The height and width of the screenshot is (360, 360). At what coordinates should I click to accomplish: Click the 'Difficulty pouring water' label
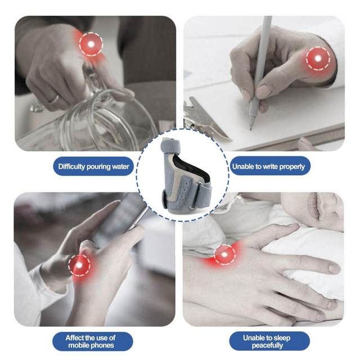(93, 166)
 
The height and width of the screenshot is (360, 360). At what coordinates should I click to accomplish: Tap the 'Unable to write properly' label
(268, 166)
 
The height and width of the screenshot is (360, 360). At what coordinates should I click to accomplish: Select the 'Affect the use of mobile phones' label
(91, 341)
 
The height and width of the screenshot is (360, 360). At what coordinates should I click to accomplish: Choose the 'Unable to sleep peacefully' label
(267, 341)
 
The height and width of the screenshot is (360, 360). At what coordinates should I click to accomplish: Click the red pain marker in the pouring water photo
(91, 44)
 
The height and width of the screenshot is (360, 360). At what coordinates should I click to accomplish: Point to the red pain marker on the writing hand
(318, 58)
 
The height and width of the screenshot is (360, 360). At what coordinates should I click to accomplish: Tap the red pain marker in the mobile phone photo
(79, 265)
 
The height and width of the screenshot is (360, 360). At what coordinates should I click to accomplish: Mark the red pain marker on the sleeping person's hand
(224, 255)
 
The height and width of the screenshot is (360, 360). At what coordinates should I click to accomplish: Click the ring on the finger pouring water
(55, 99)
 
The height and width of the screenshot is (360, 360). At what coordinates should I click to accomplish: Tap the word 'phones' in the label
(103, 345)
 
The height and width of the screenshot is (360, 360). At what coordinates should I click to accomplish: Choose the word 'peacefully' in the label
(267, 345)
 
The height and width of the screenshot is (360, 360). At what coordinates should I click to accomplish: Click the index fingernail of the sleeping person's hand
(334, 268)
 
